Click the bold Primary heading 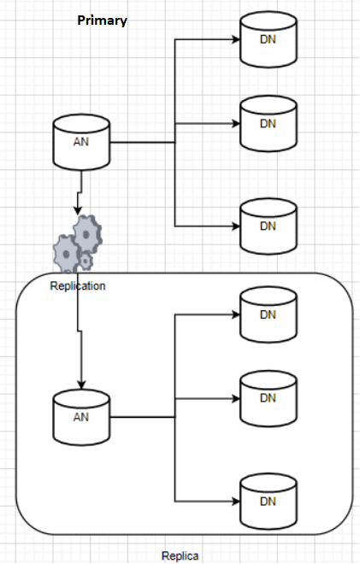coord(103,21)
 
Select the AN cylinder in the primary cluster coord(81,142)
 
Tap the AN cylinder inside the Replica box coord(81,417)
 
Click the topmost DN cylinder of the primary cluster coord(269,39)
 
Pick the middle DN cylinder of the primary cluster coord(269,124)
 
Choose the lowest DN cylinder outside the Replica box coord(269,226)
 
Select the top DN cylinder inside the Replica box coord(269,314)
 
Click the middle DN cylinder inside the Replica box coord(269,399)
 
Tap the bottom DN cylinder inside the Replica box coord(269,502)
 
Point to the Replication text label coord(78,286)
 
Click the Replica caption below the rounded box coord(180,555)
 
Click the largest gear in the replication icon coord(87,234)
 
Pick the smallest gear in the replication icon coord(86,261)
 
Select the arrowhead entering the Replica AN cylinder coord(81,385)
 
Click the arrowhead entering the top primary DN coord(236,39)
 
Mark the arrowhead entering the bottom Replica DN coord(236,502)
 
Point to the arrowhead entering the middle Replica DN coord(236,399)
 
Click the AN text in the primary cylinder coord(81,142)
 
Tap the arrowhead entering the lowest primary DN coord(236,226)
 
